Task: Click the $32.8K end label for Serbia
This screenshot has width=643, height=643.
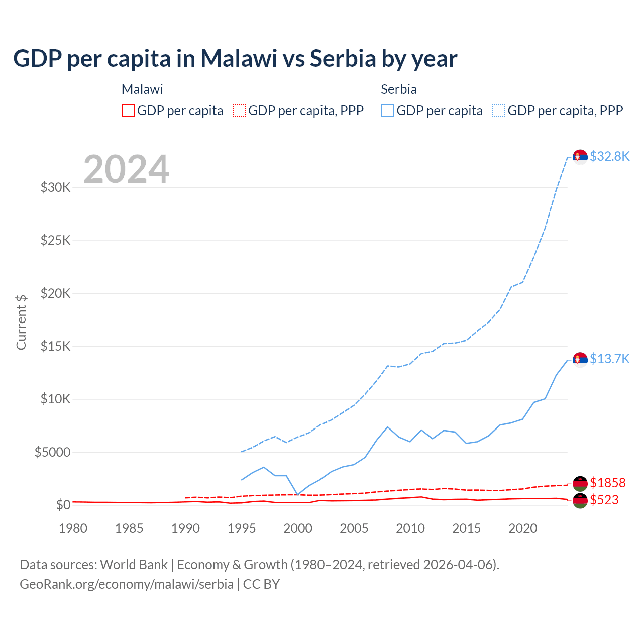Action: (609, 156)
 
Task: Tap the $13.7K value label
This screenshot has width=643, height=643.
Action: (609, 359)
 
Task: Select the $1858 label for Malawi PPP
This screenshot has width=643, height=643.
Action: (607, 483)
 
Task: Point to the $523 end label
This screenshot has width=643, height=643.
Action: (604, 500)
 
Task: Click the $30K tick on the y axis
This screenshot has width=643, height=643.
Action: (56, 188)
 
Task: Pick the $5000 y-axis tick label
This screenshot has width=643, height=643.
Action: (52, 452)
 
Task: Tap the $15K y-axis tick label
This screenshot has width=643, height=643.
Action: (56, 346)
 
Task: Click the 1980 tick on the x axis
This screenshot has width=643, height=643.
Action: (73, 528)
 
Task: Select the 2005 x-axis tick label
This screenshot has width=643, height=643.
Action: (354, 528)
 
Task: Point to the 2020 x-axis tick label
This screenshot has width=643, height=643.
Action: (523, 528)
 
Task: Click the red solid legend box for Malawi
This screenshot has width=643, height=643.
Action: (128, 111)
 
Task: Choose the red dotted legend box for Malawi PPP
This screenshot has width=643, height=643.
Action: (239, 111)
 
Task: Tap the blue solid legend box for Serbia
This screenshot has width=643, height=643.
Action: (387, 111)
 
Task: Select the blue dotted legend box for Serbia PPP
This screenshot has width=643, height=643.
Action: (499, 111)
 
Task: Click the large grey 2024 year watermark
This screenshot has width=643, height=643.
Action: (126, 169)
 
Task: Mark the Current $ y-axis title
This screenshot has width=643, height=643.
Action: (21, 322)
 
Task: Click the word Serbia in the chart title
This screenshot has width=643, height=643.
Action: (343, 58)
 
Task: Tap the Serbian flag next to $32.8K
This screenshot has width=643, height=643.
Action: (580, 157)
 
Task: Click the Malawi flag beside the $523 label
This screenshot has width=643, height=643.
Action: (580, 500)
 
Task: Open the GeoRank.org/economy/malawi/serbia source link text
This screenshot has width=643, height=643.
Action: (127, 584)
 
